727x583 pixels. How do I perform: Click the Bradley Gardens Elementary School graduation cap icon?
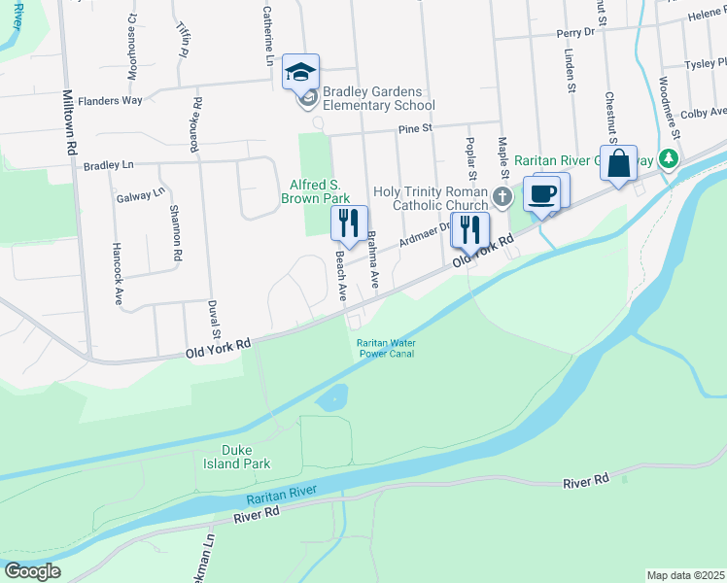pyautogui.click(x=301, y=70)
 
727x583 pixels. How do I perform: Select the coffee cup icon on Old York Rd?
pyautogui.click(x=541, y=193)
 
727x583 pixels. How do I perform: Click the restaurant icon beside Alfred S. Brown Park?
pyautogui.click(x=349, y=223)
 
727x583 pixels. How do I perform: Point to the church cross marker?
pyautogui.click(x=502, y=197)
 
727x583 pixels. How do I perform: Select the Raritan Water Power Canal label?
pyautogui.click(x=386, y=348)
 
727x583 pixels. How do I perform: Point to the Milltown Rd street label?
pyautogui.click(x=70, y=123)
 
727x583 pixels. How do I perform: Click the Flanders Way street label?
pyautogui.click(x=110, y=100)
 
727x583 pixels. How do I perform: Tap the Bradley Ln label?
pyautogui.click(x=108, y=165)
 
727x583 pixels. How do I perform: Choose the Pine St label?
pyautogui.click(x=413, y=129)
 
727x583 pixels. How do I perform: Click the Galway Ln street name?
pyautogui.click(x=140, y=195)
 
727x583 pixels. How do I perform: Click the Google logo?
pyautogui.click(x=32, y=571)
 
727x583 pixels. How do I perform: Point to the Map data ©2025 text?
pyautogui.click(x=684, y=575)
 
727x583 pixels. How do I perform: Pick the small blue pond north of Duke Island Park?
pyautogui.click(x=331, y=396)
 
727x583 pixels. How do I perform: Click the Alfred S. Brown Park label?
pyautogui.click(x=315, y=191)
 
